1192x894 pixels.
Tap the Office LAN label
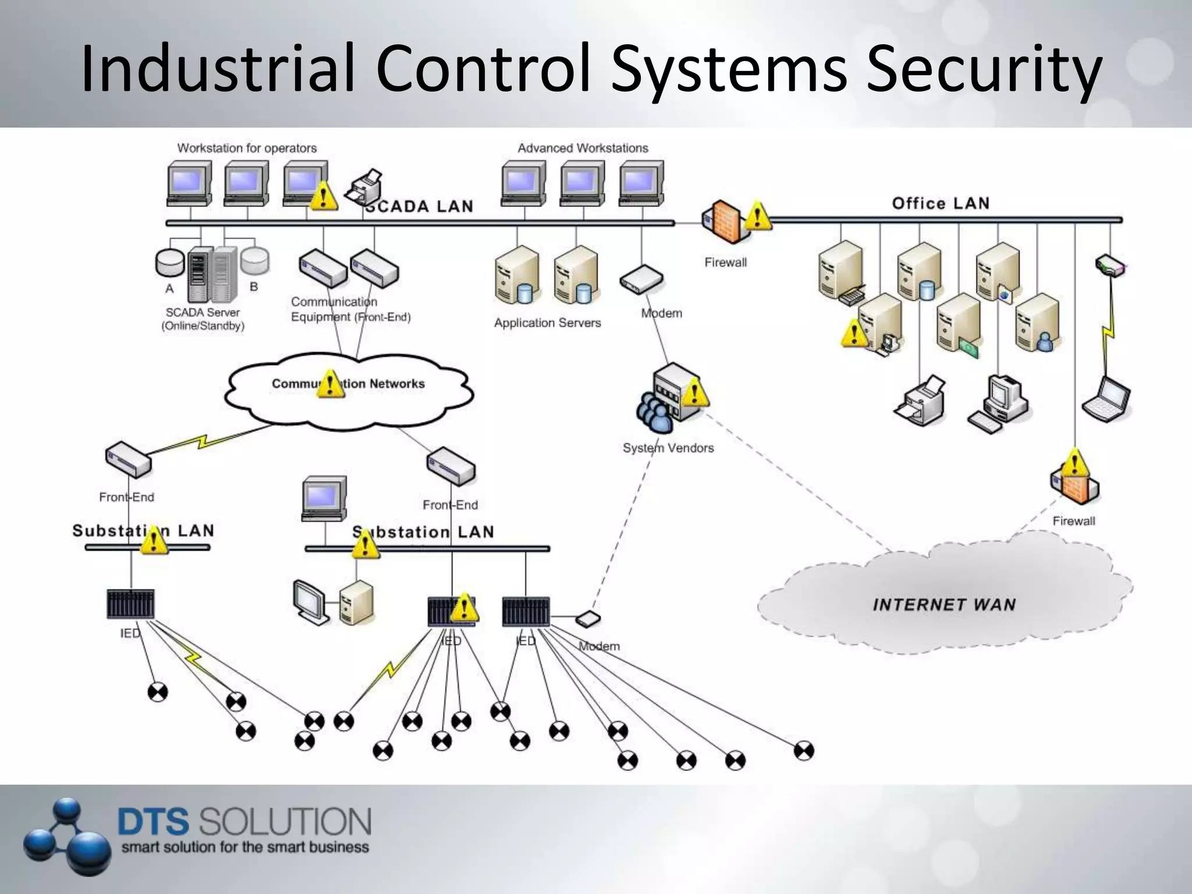(941, 203)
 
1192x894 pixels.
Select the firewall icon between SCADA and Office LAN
(724, 222)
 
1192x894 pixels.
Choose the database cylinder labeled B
(255, 260)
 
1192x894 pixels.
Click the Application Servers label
(547, 322)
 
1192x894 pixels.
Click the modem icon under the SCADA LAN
(641, 280)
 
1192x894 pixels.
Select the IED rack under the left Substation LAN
(131, 604)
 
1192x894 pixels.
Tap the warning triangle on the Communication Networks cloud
(330, 384)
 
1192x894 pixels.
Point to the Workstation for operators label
(247, 148)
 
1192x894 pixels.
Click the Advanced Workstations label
(583, 148)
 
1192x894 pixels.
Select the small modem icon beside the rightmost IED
(588, 619)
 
